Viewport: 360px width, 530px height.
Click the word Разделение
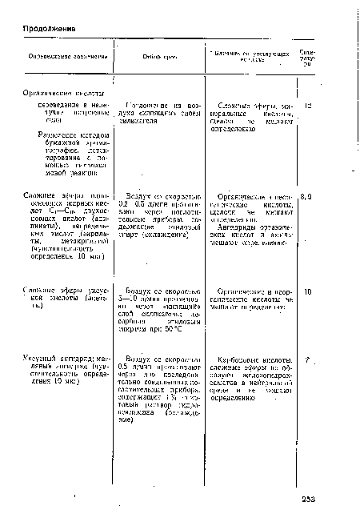click(x=57, y=136)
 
